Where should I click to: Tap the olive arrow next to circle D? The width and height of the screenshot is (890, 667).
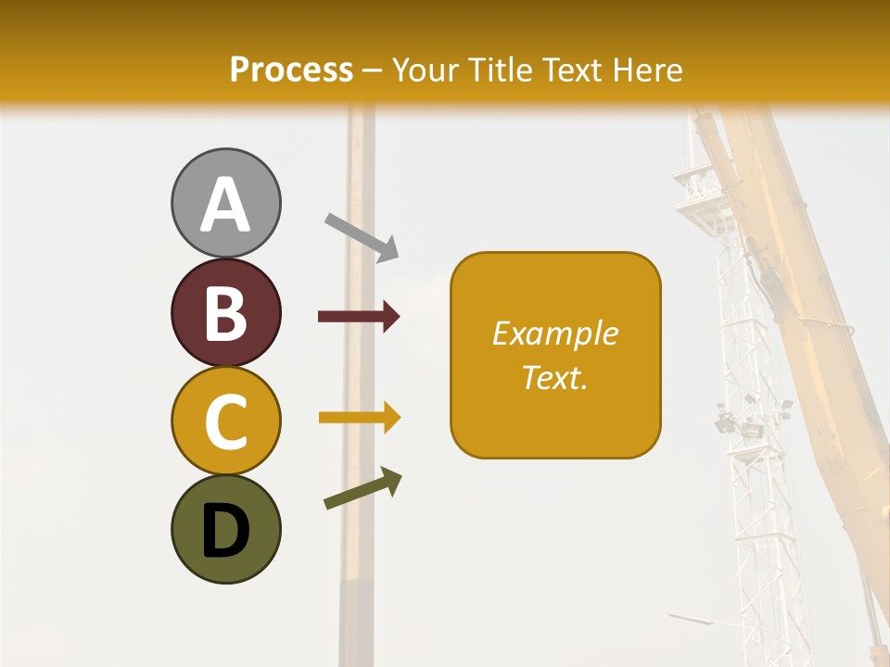click(362, 489)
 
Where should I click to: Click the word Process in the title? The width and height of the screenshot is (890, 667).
click(291, 69)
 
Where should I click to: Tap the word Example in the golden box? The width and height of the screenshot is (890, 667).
click(555, 333)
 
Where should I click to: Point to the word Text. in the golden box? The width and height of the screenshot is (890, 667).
click(555, 377)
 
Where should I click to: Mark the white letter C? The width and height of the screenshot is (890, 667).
click(225, 422)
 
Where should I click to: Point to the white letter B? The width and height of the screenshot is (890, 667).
click(225, 313)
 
